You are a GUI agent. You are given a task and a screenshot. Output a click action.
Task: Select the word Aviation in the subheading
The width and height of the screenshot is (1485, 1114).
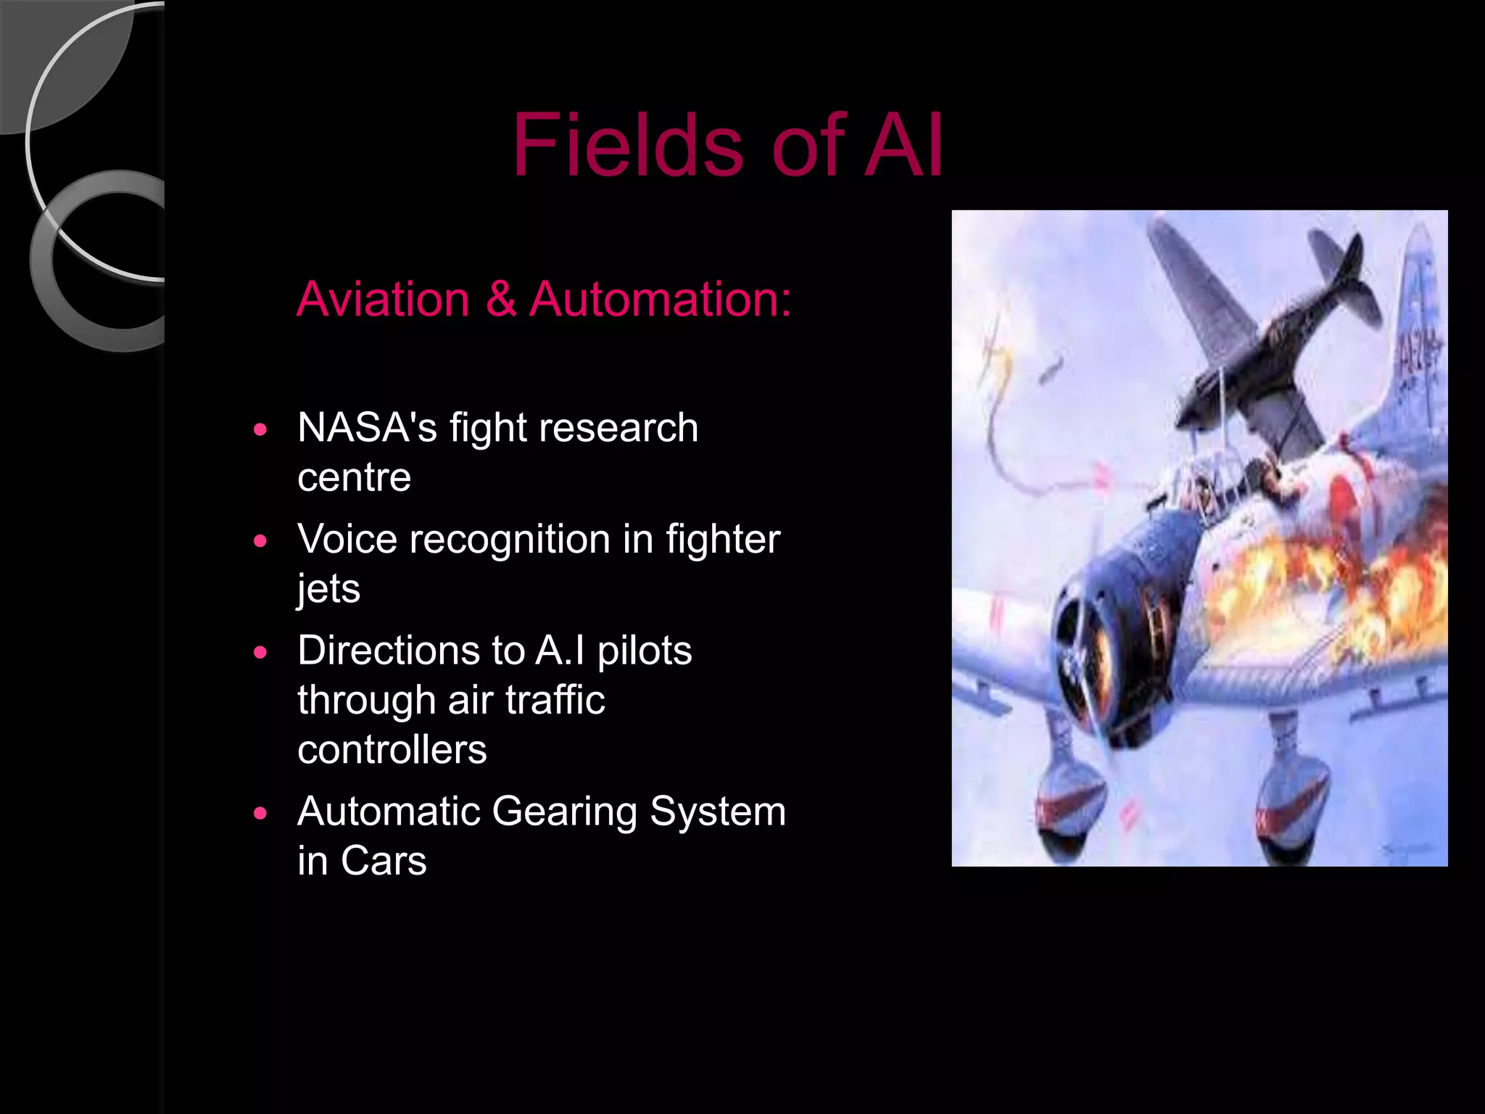coord(384,299)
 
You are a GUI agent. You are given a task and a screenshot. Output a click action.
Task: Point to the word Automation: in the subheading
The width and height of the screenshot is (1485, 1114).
coord(660,299)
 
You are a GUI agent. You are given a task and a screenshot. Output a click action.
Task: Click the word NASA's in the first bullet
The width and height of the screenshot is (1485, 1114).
coord(367,427)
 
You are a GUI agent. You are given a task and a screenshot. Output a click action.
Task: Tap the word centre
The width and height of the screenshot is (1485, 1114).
coord(354,477)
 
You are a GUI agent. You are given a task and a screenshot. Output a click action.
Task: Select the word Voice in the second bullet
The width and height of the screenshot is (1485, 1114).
coord(347,539)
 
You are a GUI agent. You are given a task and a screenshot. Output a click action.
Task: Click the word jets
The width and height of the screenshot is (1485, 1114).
coord(328,588)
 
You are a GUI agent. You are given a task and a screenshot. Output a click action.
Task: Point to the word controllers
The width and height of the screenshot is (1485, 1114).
coord(392,749)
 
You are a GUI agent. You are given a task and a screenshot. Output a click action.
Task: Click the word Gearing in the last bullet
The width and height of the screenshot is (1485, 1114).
coord(564,811)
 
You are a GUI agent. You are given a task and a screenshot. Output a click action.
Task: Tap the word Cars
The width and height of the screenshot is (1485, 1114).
coord(384,861)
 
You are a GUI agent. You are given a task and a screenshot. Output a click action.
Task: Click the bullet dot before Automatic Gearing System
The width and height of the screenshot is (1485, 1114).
coord(261,813)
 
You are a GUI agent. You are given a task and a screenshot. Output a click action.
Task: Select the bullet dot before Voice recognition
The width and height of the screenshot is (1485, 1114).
coord(261,541)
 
